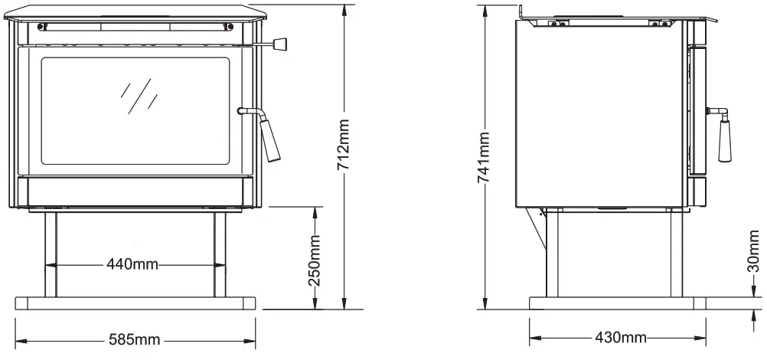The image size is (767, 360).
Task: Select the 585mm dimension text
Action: (133, 338)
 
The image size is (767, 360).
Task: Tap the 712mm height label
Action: (344, 146)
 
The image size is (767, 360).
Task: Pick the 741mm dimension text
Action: (484, 156)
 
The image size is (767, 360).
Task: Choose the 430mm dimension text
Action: (615, 337)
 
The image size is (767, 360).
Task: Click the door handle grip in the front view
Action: (272, 142)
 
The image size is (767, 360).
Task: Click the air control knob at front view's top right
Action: (281, 44)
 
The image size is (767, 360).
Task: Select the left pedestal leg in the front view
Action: (51, 254)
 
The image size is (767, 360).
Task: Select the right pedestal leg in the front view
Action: (220, 254)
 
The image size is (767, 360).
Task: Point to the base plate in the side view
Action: (615, 303)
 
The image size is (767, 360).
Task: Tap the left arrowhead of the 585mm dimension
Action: (20, 339)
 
